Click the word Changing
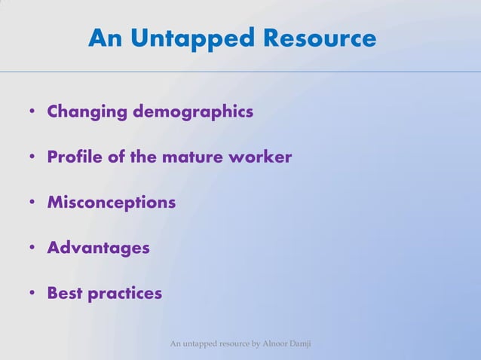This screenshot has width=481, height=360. tap(87, 112)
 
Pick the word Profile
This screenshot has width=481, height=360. tap(74, 157)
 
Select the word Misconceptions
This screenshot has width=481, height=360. tap(112, 203)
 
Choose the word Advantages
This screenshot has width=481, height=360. tap(98, 248)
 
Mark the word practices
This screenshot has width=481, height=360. tap(124, 293)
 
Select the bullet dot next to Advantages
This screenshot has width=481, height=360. tap(32, 249)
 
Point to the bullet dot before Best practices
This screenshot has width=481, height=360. tap(32, 294)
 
